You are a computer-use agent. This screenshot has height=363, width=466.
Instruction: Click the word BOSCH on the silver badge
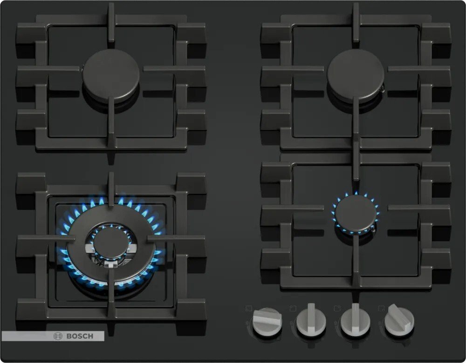(x=80, y=336)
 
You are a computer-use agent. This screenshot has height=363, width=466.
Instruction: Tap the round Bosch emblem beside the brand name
(x=58, y=336)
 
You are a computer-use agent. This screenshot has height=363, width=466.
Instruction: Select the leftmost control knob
(x=267, y=321)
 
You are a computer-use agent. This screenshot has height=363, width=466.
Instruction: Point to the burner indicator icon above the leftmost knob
(x=249, y=309)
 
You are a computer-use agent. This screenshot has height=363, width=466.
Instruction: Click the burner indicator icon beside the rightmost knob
(x=382, y=309)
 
